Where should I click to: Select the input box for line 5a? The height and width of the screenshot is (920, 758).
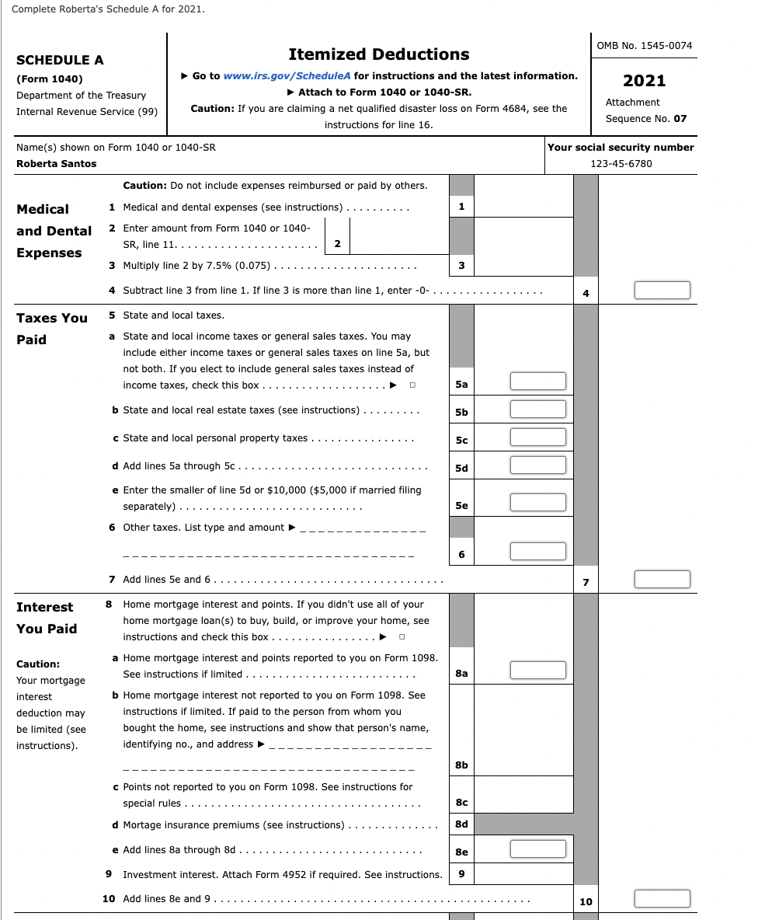[x=537, y=382]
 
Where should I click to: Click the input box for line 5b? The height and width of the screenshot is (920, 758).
[x=537, y=409]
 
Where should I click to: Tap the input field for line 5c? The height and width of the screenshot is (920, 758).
[x=537, y=437]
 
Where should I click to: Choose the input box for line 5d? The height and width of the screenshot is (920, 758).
[x=537, y=465]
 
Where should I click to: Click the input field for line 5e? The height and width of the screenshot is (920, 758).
[x=537, y=503]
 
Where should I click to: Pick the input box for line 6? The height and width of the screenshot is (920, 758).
[x=537, y=552]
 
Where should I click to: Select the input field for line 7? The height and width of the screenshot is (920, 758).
[x=662, y=580]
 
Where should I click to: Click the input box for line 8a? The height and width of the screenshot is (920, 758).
[x=537, y=671]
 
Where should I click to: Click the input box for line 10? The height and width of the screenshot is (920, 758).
[x=662, y=899]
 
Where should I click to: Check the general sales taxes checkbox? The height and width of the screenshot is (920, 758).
[x=413, y=385]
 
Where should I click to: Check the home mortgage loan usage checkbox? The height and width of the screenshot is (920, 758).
[x=402, y=637]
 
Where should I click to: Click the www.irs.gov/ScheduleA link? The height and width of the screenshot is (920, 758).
[x=287, y=76]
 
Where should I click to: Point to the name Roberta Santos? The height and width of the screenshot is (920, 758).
[x=57, y=164]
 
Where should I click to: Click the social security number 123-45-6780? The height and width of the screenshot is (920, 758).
[x=621, y=164]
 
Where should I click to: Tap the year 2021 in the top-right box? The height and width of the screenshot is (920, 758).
[x=644, y=81]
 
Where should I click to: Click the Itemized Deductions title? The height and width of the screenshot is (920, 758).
[x=378, y=54]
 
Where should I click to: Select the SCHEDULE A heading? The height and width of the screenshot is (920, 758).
[x=60, y=61]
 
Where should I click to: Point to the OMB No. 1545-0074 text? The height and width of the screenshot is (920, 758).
[x=644, y=46]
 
